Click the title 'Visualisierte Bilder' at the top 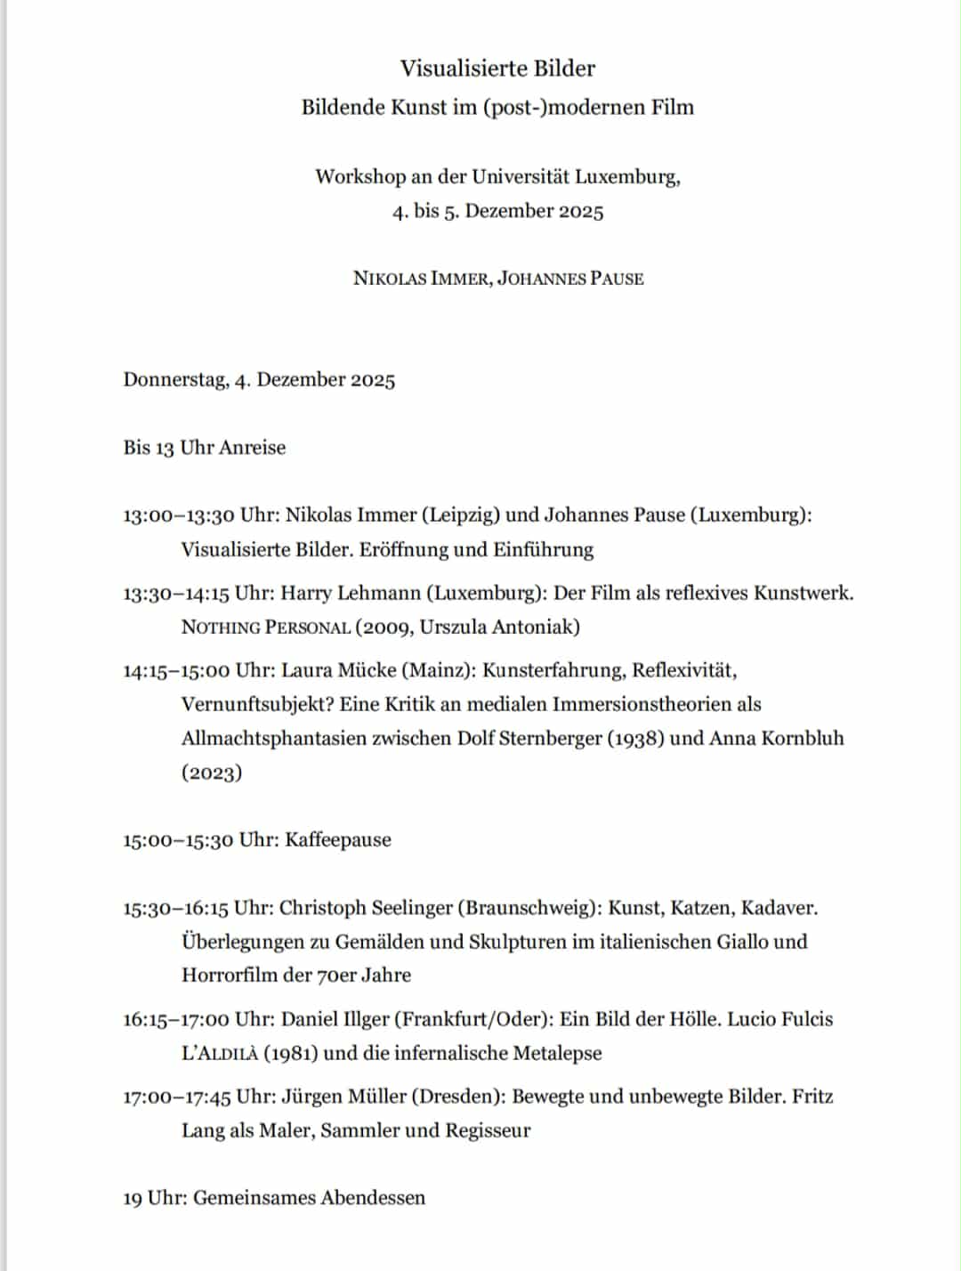point(497,69)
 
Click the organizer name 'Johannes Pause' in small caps point(570,279)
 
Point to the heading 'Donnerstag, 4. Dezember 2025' point(259,380)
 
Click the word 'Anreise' point(253,447)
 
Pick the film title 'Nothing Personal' point(266,627)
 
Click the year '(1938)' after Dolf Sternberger point(635,739)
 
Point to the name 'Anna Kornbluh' point(776,739)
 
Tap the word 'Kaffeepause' point(338,840)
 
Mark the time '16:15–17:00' point(176,1019)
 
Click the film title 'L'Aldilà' point(220,1054)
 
